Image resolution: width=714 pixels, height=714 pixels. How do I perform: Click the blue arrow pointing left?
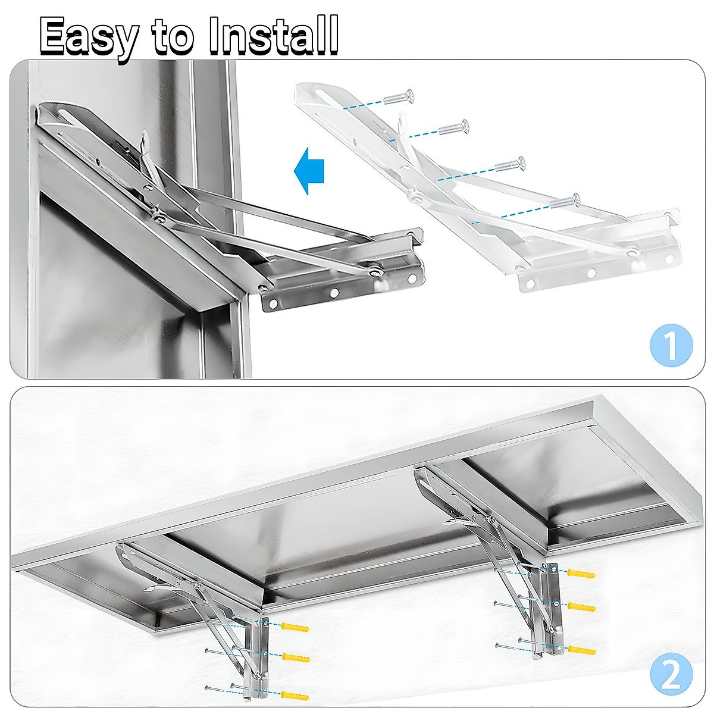pyautogui.click(x=310, y=171)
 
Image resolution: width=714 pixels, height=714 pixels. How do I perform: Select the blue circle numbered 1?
pyautogui.click(x=671, y=345)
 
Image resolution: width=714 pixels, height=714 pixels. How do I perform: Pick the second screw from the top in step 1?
pyautogui.click(x=454, y=127)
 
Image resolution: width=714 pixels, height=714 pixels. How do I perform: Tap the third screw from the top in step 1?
pyautogui.click(x=511, y=164)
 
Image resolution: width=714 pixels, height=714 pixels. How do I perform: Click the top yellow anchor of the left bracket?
pyautogui.click(x=295, y=628)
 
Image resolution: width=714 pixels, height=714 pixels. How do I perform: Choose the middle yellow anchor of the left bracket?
pyautogui.click(x=295, y=657)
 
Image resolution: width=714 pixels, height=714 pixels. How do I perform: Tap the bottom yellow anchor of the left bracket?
pyautogui.click(x=295, y=695)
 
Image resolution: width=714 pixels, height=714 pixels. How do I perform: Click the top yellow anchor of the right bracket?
pyautogui.click(x=581, y=574)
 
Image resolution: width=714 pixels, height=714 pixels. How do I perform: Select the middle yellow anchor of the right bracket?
pyautogui.click(x=581, y=606)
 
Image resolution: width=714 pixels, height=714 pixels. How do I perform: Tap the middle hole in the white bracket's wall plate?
pyautogui.click(x=591, y=273)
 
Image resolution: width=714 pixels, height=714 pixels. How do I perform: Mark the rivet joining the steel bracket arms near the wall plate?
pyautogui.click(x=375, y=271)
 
